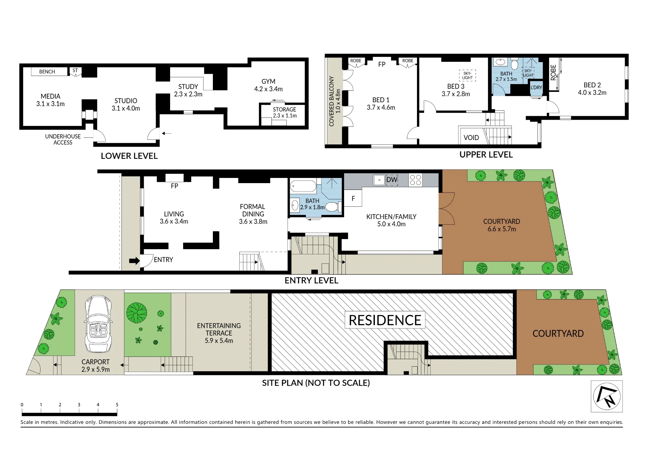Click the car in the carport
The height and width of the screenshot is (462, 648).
point(98,324)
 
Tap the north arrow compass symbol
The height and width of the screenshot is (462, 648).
point(607,396)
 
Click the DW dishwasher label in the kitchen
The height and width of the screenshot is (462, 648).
point(392,180)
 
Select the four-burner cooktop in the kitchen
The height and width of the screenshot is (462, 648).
point(415,180)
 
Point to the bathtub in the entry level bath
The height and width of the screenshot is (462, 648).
point(303,187)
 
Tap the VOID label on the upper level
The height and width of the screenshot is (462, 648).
point(471,138)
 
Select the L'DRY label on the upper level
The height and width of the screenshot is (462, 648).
point(536,87)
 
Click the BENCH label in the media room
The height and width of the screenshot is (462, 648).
point(47,72)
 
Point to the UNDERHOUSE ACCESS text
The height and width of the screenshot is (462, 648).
point(63,139)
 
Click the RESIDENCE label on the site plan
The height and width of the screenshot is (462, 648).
point(385,320)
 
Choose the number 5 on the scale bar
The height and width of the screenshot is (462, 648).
point(117,405)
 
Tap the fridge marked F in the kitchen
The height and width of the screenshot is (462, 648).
point(353,198)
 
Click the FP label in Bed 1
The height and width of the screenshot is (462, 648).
point(382,64)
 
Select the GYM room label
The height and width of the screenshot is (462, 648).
point(268,82)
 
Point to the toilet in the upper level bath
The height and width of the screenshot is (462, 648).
point(515,64)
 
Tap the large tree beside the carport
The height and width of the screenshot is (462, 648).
point(137,313)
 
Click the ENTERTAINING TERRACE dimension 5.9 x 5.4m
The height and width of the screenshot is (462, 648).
point(219,341)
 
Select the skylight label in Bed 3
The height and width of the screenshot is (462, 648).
point(467,75)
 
